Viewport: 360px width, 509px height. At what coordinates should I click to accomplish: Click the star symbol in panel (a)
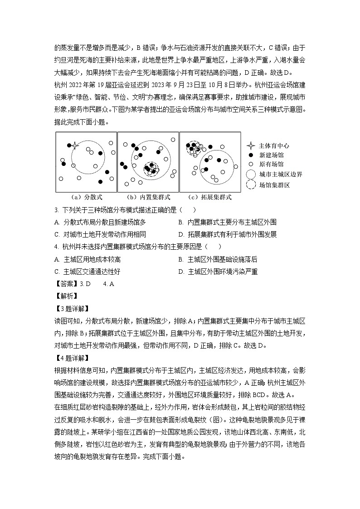[x=75, y=145]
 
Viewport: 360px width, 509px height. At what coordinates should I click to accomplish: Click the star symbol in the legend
[x=250, y=145]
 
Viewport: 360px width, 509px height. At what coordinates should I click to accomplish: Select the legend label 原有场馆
[x=271, y=165]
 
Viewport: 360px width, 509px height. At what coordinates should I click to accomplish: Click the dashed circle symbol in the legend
[x=251, y=185]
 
